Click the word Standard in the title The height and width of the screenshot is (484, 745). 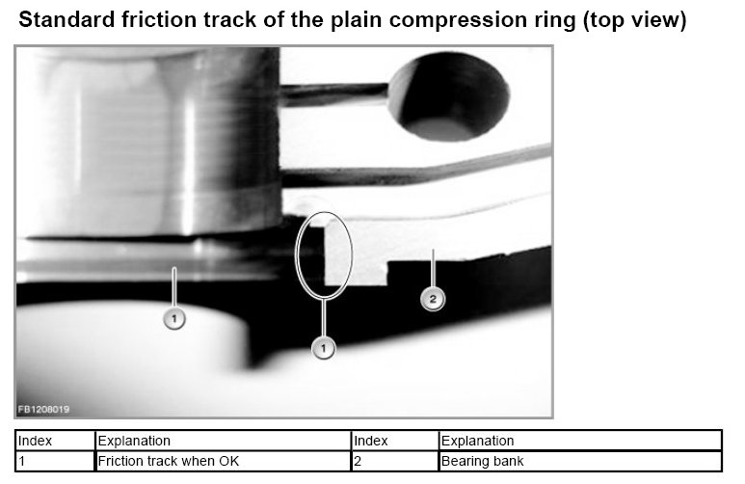(67, 20)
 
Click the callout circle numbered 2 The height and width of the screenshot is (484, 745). (433, 300)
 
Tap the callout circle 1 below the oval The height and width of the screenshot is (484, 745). (323, 348)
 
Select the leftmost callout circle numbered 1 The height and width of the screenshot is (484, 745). (173, 318)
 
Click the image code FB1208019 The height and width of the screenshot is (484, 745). (43, 410)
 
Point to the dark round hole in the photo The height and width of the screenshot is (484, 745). (449, 96)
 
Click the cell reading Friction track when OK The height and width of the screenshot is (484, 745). (224, 461)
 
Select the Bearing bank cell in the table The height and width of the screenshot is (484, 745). (580, 461)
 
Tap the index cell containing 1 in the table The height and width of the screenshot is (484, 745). (55, 461)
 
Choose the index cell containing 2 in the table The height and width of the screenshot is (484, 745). (395, 461)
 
